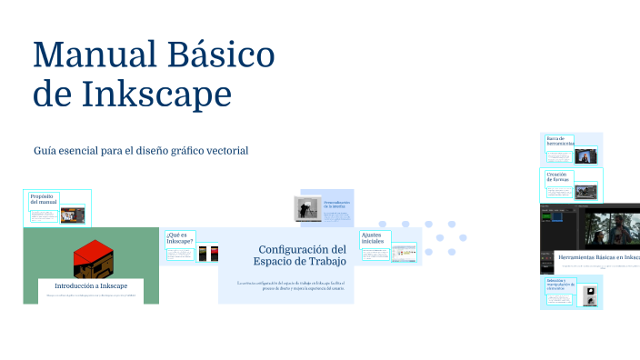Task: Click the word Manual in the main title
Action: point(94,55)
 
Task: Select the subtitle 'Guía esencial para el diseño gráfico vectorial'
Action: point(141,150)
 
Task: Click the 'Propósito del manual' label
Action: point(42,199)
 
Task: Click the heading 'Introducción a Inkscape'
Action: point(91,286)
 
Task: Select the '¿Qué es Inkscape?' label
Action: point(178,238)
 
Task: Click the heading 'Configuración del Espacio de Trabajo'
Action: point(301,255)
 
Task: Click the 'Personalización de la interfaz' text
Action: point(335,205)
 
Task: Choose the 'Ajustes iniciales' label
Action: point(373,238)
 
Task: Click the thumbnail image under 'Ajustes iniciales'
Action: point(404,252)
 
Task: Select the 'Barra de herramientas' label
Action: point(560,141)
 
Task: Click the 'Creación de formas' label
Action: point(557,176)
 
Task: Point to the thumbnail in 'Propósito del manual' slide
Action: point(73,215)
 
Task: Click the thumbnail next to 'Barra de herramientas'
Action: point(586,155)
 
